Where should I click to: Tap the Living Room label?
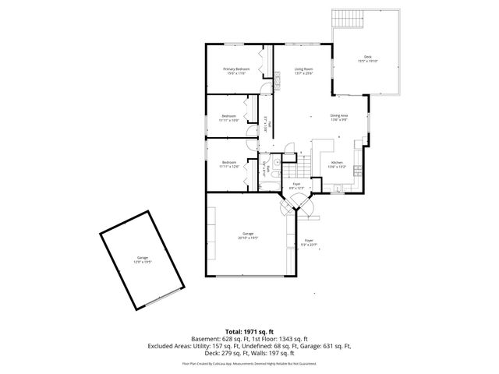point(303,71)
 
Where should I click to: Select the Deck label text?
point(367,59)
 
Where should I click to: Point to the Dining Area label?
point(339,118)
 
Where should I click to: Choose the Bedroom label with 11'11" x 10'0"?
point(228,118)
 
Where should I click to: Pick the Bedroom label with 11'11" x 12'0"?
point(228,164)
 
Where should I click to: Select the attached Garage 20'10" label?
point(248,236)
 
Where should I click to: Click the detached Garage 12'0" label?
point(143,259)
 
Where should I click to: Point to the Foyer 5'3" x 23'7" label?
point(309,242)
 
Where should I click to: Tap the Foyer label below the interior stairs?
point(296,186)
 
